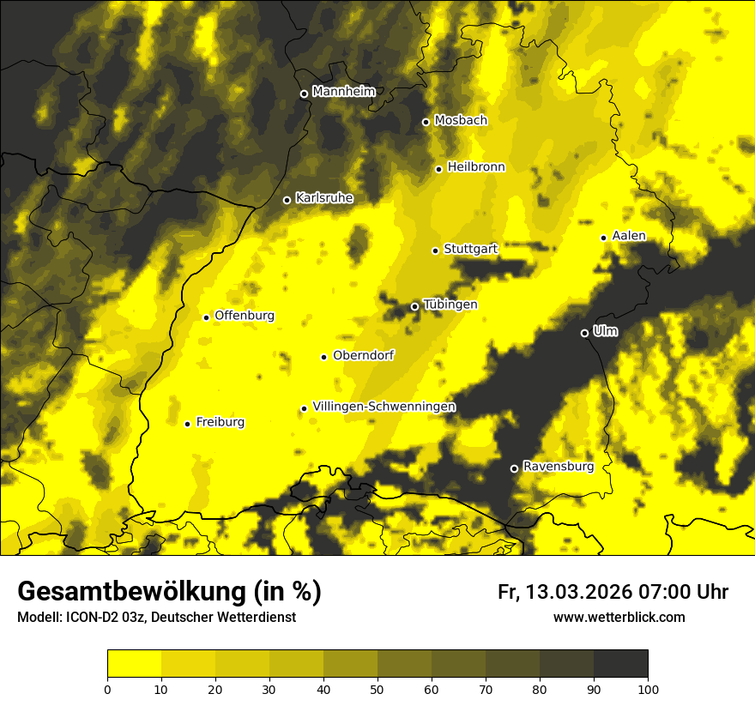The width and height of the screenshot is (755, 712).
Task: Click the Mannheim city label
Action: [343, 92]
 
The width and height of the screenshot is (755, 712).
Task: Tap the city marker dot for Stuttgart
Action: [435, 250]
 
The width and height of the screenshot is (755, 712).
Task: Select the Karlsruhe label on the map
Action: [324, 198]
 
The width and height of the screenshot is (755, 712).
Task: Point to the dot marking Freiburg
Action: [187, 424]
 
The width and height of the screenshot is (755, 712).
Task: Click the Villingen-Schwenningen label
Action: [384, 407]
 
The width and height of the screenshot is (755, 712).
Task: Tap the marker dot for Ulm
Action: [584, 333]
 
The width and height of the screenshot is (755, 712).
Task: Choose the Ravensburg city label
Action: [558, 467]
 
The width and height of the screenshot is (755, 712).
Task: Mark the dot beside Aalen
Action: [603, 238]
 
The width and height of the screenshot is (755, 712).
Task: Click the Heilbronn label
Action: [476, 167]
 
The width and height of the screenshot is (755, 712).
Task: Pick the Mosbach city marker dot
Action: [426, 122]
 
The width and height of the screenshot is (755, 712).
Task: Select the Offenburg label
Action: [245, 316]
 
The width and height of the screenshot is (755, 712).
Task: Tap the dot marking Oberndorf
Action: [323, 357]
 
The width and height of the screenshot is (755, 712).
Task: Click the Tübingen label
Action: [450, 305]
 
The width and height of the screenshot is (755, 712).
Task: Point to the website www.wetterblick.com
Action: [619, 618]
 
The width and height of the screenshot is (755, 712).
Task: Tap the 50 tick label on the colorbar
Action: [377, 689]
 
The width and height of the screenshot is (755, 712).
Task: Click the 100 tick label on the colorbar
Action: [648, 689]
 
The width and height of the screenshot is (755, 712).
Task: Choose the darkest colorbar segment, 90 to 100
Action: [620, 664]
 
